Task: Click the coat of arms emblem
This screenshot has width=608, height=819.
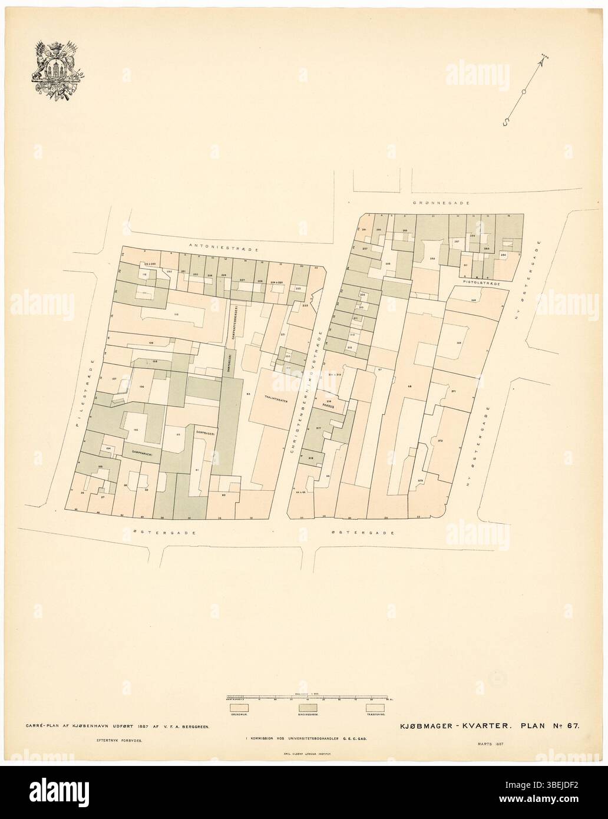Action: point(56,72)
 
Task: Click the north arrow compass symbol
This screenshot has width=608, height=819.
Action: point(523,90)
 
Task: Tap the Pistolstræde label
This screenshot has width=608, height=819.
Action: point(481,283)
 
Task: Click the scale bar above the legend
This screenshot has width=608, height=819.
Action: point(306,698)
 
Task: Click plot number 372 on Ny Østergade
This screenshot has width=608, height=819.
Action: point(439,440)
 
